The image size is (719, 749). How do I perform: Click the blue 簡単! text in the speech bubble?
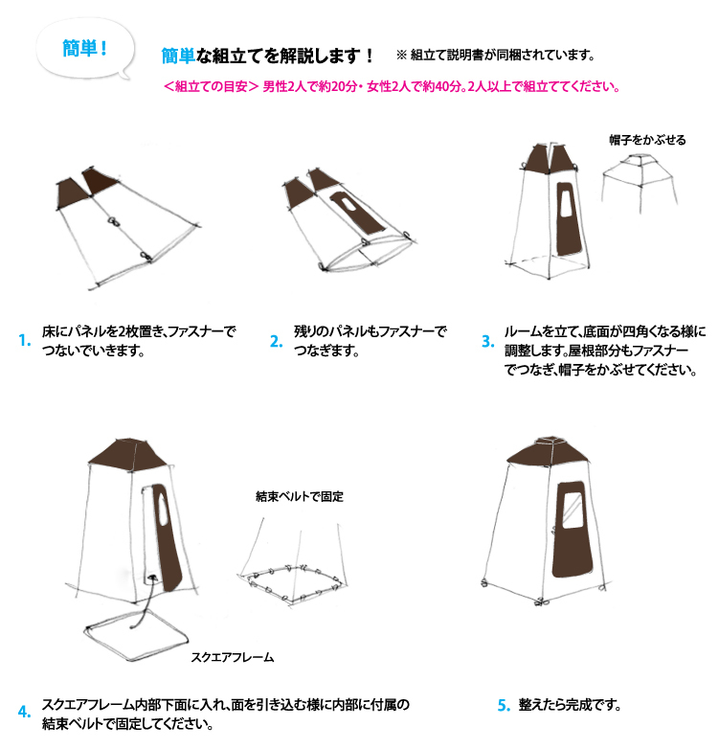click(x=84, y=48)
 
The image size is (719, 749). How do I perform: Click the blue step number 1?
click(x=24, y=341)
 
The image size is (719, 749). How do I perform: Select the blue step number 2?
click(x=277, y=341)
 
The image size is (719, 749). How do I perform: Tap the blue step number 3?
click(x=488, y=341)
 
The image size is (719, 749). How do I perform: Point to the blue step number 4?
click(x=24, y=712)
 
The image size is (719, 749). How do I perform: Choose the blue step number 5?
click(x=505, y=705)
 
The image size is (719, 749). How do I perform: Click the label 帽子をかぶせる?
click(x=647, y=140)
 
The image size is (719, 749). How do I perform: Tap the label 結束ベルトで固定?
click(x=300, y=497)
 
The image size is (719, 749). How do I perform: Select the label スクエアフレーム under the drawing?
click(x=233, y=657)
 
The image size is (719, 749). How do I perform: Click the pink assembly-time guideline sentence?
click(x=392, y=86)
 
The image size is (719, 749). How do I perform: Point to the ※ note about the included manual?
click(x=496, y=55)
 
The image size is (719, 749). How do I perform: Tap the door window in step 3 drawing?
click(x=567, y=200)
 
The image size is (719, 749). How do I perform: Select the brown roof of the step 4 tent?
click(x=127, y=454)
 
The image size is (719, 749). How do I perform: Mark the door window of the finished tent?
click(x=572, y=511)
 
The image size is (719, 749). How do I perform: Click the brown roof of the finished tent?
click(x=548, y=451)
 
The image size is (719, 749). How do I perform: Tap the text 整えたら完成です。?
click(x=570, y=705)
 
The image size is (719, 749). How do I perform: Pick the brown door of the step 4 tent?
click(x=167, y=537)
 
